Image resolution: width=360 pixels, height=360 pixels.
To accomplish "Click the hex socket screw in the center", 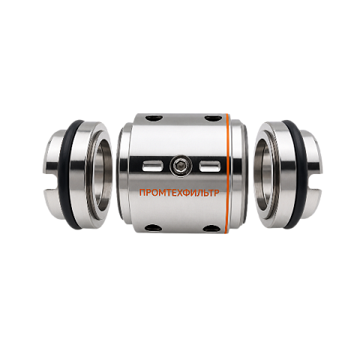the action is pyautogui.click(x=181, y=165).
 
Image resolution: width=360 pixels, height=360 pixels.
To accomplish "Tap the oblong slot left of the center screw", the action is pyautogui.click(x=152, y=166).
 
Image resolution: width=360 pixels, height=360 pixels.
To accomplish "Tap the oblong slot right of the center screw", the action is pyautogui.click(x=210, y=166).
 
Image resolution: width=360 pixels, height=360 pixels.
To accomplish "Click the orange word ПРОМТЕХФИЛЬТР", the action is pyautogui.click(x=179, y=193).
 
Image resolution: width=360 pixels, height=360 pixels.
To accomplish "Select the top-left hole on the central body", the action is pyautogui.click(x=154, y=117).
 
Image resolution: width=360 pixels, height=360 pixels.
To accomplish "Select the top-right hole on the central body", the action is pyautogui.click(x=212, y=117).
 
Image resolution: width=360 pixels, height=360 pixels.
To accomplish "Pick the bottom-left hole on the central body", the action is pyautogui.click(x=154, y=227).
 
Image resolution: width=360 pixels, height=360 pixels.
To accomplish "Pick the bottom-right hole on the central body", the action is pyautogui.click(x=212, y=227).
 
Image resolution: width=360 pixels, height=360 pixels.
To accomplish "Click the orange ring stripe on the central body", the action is pyautogui.click(x=228, y=173).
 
